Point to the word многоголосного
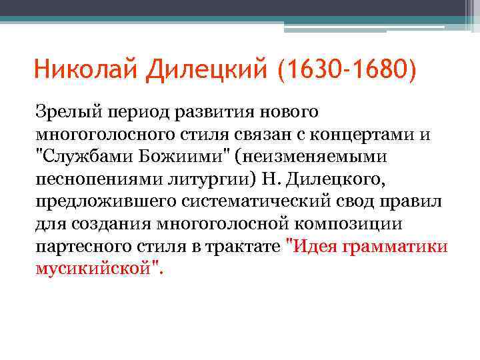(x=102, y=135)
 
